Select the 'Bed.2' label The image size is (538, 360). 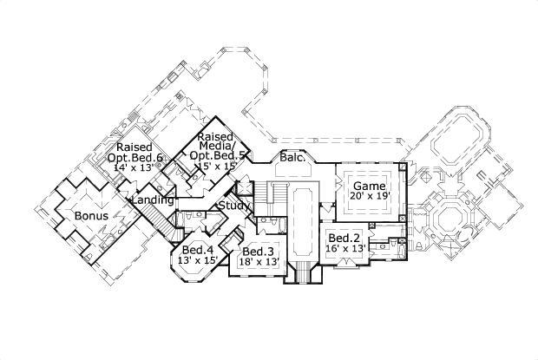pyautogui.click(x=344, y=238)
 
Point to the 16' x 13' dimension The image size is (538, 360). pyautogui.click(x=344, y=249)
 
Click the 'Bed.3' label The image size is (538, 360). pyautogui.click(x=259, y=252)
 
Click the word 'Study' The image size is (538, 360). pyautogui.click(x=233, y=206)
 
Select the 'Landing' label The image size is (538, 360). pyautogui.click(x=150, y=200)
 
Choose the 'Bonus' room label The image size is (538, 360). pyautogui.click(x=90, y=215)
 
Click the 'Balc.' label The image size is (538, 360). pyautogui.click(x=291, y=158)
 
